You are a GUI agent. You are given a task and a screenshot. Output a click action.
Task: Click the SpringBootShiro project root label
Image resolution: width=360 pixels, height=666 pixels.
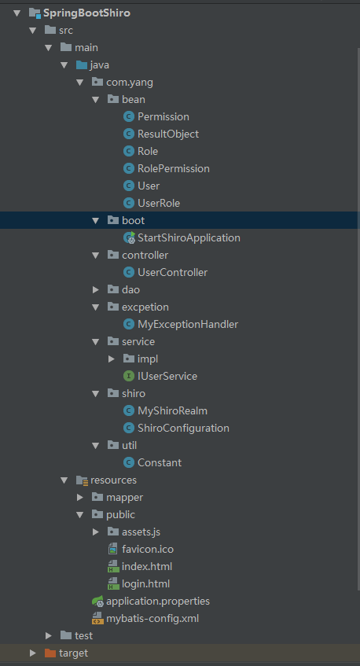coord(86,13)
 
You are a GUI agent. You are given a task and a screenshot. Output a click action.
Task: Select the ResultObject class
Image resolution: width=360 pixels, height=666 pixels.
coord(168,134)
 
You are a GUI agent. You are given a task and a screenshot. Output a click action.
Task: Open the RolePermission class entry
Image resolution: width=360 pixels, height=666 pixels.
coord(174,168)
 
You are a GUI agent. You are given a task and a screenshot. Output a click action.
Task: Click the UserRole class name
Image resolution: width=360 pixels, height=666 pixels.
coord(159,204)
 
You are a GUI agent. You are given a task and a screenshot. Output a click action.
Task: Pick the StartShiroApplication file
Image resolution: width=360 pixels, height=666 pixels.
coord(189,237)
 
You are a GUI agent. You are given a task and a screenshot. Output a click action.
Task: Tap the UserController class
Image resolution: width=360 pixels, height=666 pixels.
coord(172,272)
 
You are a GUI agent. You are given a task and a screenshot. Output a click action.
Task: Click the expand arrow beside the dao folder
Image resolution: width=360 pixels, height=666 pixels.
coord(96,289)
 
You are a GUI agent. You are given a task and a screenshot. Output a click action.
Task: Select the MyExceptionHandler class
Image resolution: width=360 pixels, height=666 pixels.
coord(188,325)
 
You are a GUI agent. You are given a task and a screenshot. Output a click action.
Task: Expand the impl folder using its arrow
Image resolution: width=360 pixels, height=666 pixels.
coord(112,359)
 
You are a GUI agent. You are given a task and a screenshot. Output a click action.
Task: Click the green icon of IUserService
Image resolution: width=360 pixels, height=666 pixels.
coord(129,377)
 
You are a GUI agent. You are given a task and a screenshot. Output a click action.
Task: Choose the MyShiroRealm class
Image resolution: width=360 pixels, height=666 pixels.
coord(172,410)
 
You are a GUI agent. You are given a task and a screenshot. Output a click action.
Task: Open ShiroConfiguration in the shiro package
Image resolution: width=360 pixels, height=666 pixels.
coord(183,428)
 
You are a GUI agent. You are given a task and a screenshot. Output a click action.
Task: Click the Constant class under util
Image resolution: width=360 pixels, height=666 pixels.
coord(160,462)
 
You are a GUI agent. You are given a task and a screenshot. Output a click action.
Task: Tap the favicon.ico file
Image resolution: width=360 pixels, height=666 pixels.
coord(148,549)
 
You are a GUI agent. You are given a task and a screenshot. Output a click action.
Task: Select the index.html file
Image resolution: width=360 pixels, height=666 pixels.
coord(147,567)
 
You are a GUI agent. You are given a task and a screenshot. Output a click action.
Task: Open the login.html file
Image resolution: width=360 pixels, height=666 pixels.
coord(145,584)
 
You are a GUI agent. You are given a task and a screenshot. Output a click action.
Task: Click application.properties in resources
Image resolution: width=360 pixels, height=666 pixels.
coord(158,602)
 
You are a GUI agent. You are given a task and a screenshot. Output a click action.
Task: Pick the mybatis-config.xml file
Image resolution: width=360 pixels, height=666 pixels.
coord(152,619)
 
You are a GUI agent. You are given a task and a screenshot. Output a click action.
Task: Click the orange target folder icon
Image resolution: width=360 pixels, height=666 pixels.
coord(50,653)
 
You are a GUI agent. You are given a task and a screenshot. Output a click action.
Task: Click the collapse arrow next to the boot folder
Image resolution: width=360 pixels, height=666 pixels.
coord(96,220)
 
